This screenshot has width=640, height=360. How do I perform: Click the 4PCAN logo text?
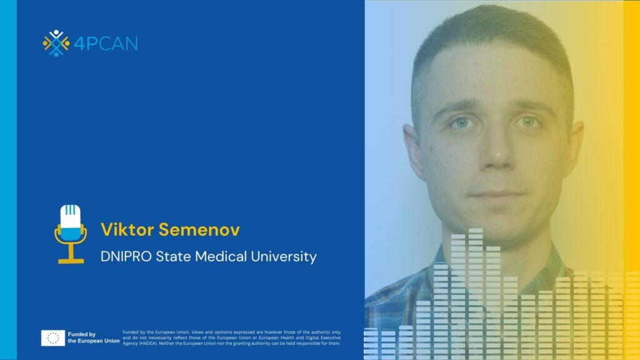coord(106,44)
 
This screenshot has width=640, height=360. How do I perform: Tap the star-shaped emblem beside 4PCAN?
coord(56,43)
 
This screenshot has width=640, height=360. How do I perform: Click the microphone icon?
coord(71,234)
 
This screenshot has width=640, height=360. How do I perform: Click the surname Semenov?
coord(199,229)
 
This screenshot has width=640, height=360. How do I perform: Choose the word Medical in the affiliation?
coord(221,256)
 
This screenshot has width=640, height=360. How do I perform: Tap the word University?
coord(284,257)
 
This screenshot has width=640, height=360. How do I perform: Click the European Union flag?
coord(53,338)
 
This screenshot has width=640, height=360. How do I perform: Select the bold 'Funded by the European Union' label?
coord(94,337)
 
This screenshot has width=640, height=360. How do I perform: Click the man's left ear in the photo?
coord(413,149)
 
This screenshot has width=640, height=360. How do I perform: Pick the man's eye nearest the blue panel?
coord(462,122)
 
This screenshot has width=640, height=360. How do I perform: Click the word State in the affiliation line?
coord(174,256)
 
